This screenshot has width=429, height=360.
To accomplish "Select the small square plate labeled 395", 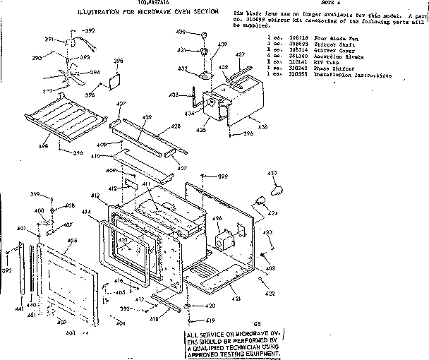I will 111,83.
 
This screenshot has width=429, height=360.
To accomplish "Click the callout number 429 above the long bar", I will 147,116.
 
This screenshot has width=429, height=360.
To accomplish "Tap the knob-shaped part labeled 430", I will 201,34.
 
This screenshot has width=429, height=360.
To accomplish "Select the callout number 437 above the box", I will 239,54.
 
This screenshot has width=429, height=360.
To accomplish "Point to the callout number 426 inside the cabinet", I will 217,219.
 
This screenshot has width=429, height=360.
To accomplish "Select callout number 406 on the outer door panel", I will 71,241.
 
